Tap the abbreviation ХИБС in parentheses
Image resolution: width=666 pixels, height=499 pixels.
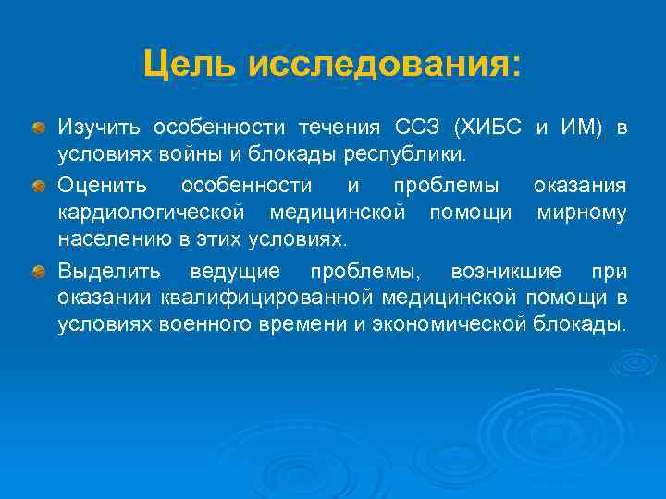(x=494, y=127)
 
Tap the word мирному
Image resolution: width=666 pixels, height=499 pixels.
(x=582, y=214)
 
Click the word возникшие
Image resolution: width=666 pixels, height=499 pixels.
(x=505, y=272)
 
